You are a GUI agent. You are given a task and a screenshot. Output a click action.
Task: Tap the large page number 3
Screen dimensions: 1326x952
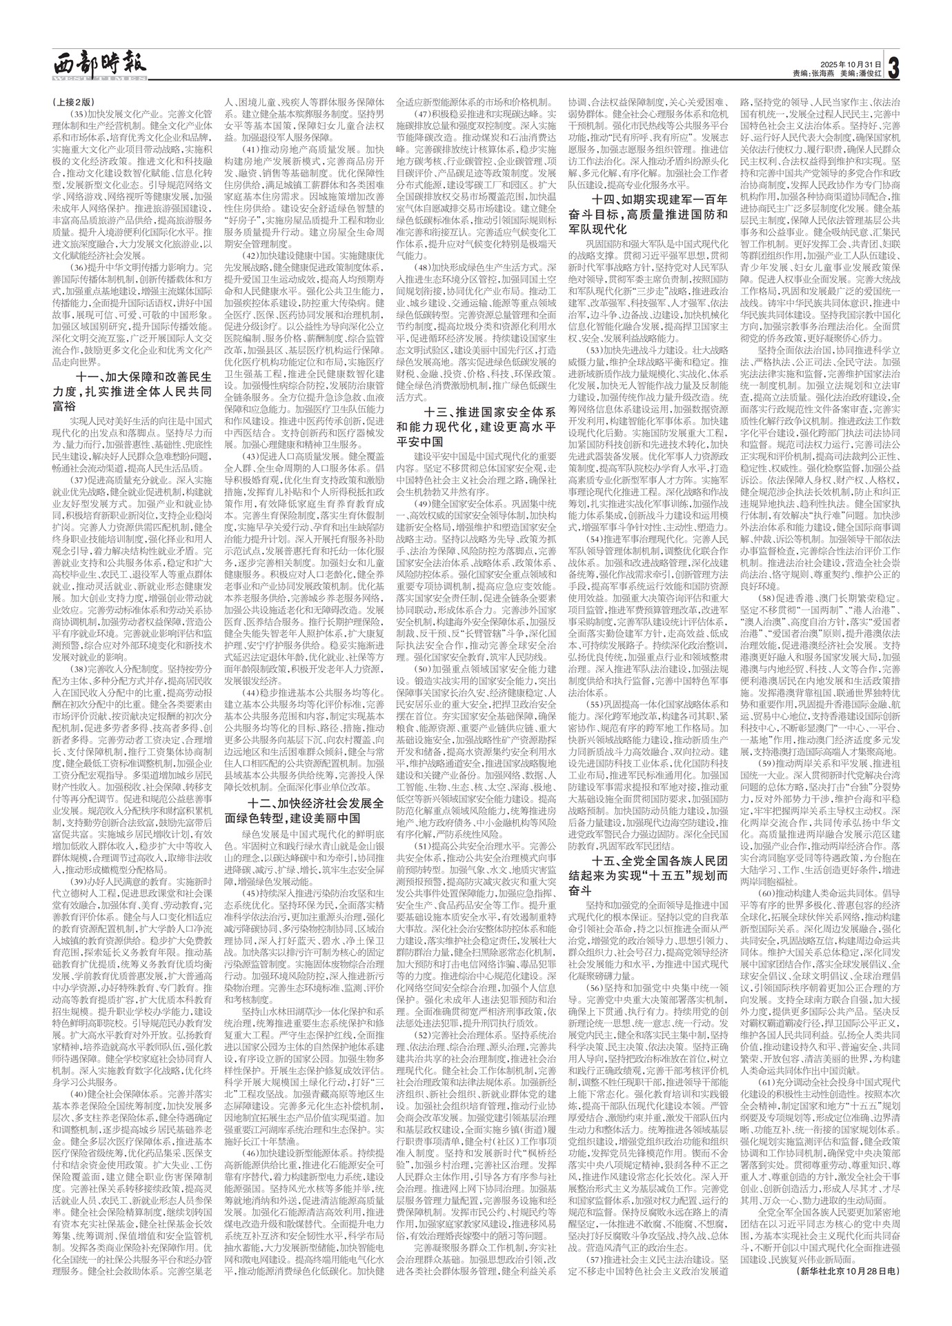(x=895, y=68)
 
